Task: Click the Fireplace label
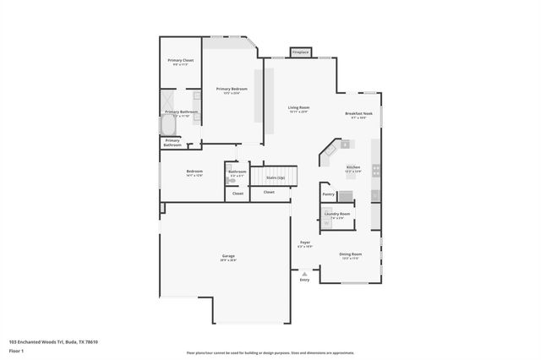tap(300, 53)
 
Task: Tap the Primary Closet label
tap(181, 61)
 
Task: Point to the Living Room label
tap(298, 108)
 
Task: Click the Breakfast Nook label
tap(359, 114)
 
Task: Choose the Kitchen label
tap(352, 167)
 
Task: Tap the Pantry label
tap(328, 194)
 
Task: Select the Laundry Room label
tap(336, 214)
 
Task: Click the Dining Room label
tap(351, 254)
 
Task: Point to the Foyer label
tap(304, 243)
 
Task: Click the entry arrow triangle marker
tap(304, 273)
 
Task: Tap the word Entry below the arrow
tap(304, 280)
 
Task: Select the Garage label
tap(228, 256)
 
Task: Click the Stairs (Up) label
tap(276, 177)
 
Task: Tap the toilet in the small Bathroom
tap(232, 181)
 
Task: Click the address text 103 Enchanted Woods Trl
tap(53, 341)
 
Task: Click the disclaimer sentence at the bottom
tap(270, 353)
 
